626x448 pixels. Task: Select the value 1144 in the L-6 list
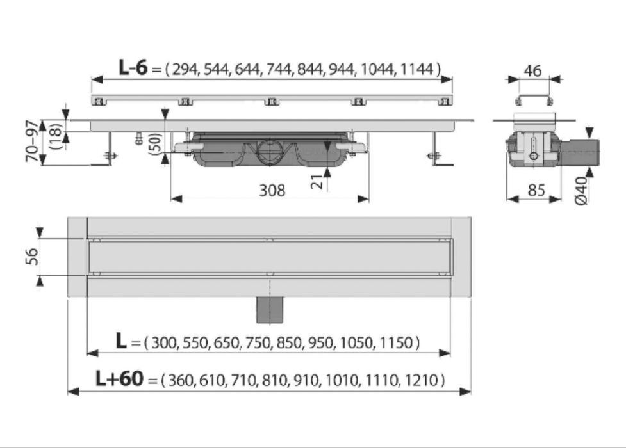416,69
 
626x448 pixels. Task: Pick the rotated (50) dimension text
154,142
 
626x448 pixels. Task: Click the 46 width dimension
532,70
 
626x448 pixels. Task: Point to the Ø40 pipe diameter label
581,190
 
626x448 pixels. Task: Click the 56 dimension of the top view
33,257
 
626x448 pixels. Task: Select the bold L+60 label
119,380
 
